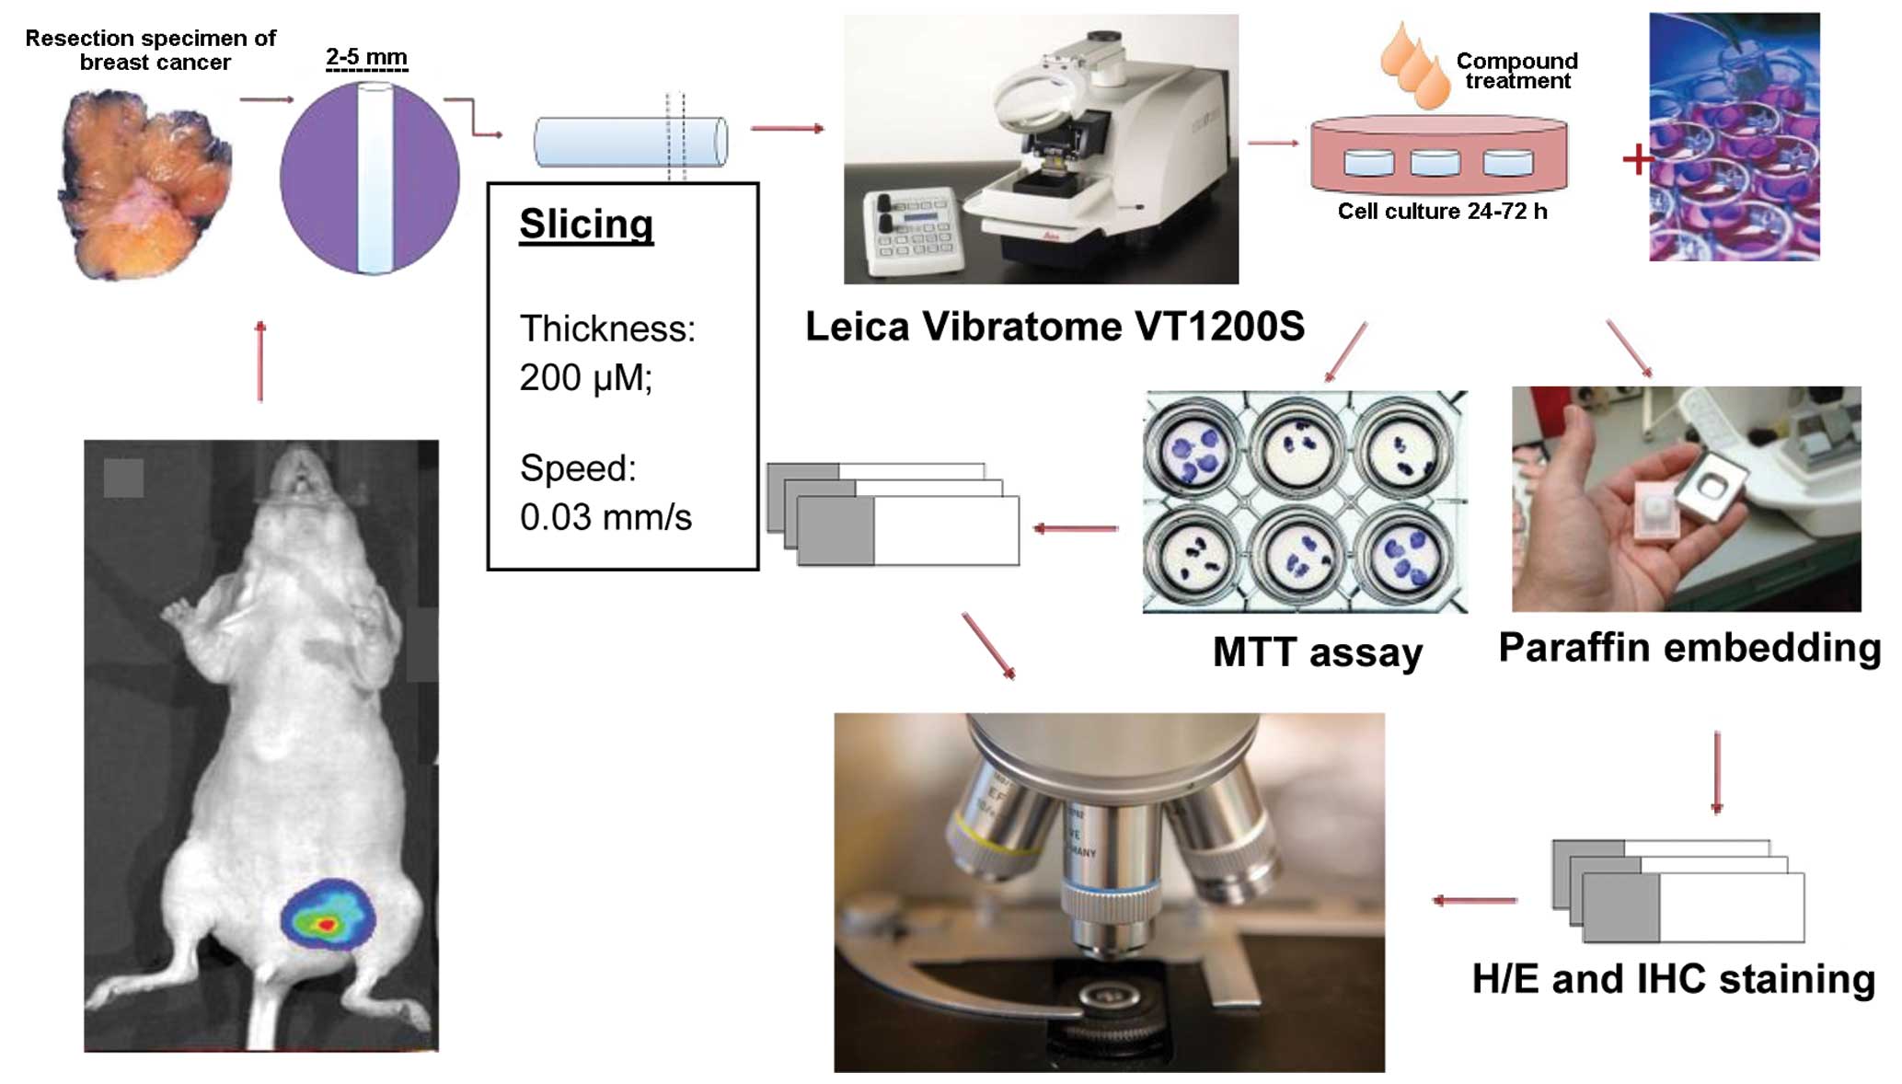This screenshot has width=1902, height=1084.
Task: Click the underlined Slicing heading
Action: pos(586,225)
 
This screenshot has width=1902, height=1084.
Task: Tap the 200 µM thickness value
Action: pos(585,377)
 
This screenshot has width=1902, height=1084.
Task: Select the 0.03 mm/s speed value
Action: pos(605,517)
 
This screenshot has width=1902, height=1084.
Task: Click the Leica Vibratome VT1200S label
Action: pos(1055,327)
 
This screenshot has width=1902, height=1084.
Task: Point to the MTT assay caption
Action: pos(1317,652)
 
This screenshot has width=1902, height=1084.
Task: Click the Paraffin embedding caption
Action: pos(1689,648)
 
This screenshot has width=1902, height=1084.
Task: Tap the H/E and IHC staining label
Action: pos(1673,979)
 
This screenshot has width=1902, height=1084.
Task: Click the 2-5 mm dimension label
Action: pos(366,58)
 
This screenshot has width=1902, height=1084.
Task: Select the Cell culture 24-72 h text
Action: pos(1442,212)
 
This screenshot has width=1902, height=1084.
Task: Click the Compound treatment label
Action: pos(1516,71)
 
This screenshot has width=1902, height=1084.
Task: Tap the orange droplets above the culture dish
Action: pos(1413,64)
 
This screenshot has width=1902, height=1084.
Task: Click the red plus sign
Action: pos(1637,159)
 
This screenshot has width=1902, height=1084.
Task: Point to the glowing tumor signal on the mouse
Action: pos(326,917)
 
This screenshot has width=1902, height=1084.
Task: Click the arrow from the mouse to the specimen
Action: pos(260,361)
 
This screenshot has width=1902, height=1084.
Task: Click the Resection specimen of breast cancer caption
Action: pos(151,50)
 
